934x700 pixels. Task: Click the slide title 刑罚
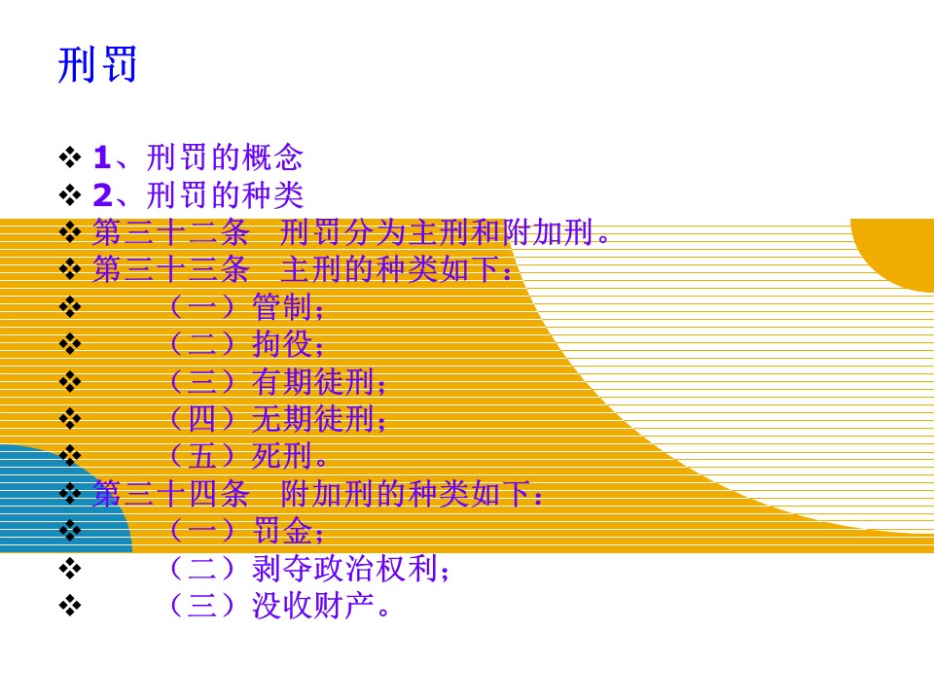coord(97,64)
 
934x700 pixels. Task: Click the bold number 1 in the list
coord(102,157)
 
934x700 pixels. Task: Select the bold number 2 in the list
coord(102,194)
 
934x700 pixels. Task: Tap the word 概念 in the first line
coord(273,157)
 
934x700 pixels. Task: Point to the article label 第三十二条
coord(170,232)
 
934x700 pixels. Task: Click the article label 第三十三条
coord(170,269)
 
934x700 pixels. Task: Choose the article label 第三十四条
coord(170,494)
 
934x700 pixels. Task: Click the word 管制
coord(282,307)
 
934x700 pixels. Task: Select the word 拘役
coord(282,344)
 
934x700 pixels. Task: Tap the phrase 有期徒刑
coord(313,381)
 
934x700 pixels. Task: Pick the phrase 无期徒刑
coord(313,418)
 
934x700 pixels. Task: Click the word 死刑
coord(282,456)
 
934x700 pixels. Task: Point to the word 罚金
coord(282,531)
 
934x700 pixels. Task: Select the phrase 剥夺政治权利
coord(344,568)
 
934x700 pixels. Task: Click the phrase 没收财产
coord(313,606)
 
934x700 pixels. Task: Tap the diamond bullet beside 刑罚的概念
coord(70,157)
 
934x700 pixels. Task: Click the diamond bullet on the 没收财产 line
coord(70,606)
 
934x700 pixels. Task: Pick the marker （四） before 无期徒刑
coord(202,418)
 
